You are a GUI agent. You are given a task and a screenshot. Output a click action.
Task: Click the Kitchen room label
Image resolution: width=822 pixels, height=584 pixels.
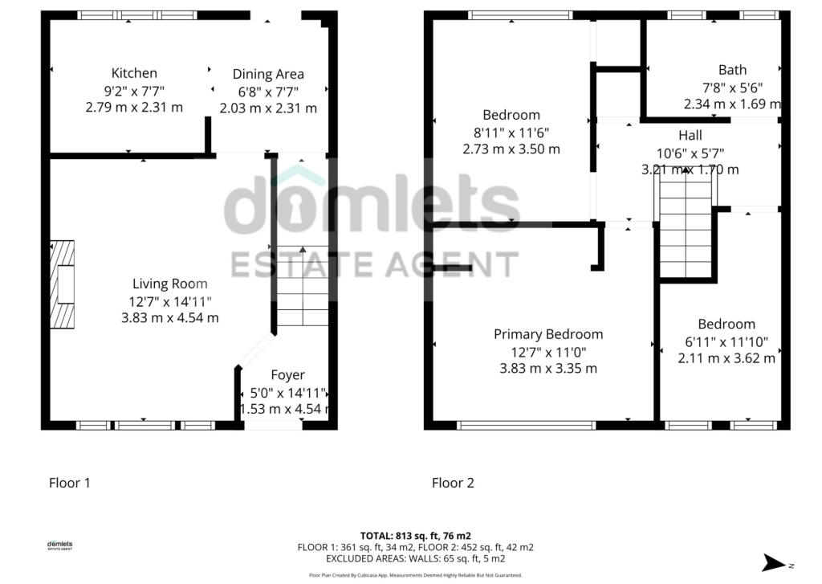tap(134, 73)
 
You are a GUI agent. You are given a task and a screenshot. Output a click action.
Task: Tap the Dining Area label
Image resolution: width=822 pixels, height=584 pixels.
tap(268, 74)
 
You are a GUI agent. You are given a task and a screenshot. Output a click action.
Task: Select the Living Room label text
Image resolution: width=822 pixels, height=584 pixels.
tap(169, 284)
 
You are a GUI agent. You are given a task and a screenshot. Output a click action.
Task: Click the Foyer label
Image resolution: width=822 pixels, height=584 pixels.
tap(287, 375)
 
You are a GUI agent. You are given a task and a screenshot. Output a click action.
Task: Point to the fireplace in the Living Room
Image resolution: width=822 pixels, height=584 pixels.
tap(63, 284)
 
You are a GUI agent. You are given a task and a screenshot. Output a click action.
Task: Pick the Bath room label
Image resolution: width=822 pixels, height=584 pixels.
tap(732, 70)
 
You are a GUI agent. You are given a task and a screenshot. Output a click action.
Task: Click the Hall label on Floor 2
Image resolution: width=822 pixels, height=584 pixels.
tap(690, 135)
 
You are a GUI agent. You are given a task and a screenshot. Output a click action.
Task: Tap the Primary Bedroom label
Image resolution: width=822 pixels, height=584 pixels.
tap(548, 334)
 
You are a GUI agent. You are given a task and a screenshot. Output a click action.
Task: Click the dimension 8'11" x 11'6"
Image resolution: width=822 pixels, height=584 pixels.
tap(511, 132)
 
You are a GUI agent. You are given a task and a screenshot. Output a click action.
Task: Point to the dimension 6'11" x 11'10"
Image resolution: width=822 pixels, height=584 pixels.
tap(726, 341)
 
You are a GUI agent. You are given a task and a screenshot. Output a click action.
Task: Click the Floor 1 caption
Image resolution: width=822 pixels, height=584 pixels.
tap(70, 483)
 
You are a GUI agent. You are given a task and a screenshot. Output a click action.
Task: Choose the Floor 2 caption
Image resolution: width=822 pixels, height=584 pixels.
tap(453, 483)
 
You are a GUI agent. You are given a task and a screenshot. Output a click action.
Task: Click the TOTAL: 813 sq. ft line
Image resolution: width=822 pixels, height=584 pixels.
tap(415, 535)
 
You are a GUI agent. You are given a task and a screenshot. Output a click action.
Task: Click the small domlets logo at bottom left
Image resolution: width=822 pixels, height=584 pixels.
tap(59, 545)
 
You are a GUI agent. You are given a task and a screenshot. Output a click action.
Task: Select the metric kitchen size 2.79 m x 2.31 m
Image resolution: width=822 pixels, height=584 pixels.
tap(134, 107)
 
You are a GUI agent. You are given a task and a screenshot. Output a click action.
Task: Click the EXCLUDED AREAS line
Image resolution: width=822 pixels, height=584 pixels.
tap(415, 558)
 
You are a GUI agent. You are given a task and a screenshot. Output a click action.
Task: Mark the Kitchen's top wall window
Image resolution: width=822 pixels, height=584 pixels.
tap(137, 14)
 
